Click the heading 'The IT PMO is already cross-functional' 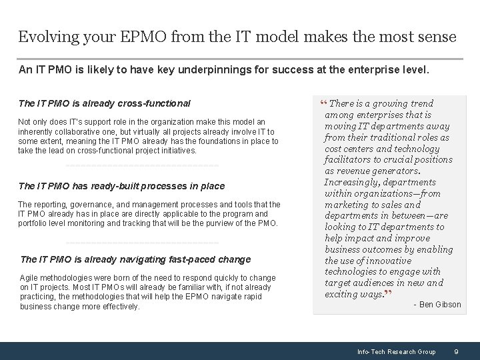tap(104, 103)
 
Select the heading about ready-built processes tap(121, 186)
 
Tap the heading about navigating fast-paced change tap(135, 259)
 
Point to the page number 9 tap(455, 351)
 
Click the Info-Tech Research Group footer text tap(396, 351)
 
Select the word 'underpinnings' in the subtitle tap(214, 70)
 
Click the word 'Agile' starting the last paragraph tap(29, 277)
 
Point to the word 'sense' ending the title tap(437, 37)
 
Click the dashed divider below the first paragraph tap(142, 165)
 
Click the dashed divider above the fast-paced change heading tap(142, 242)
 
